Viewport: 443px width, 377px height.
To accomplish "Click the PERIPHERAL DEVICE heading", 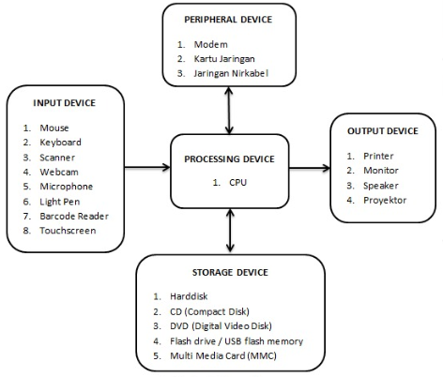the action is click(228, 20).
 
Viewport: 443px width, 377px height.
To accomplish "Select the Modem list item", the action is click(210, 44).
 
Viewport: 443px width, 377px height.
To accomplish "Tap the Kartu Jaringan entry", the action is click(224, 59).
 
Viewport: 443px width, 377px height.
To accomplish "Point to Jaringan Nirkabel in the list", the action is click(231, 73).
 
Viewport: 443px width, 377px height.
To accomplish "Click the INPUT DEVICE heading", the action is click(64, 103).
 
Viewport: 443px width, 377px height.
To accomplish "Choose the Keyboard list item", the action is click(60, 143).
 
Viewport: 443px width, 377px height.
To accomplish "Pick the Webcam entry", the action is click(59, 172).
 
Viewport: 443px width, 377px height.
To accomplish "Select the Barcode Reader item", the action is click(74, 216).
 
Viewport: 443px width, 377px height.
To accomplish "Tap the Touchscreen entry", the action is click(68, 231).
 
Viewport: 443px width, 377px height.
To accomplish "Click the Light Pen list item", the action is click(60, 202).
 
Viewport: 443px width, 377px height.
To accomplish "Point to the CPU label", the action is click(237, 182).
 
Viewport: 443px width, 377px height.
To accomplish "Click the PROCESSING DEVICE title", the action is click(229, 159).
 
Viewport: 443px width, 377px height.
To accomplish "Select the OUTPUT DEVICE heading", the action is click(383, 130).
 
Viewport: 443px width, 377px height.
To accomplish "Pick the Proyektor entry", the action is click(385, 201).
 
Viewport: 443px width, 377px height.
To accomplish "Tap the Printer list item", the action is click(378, 156).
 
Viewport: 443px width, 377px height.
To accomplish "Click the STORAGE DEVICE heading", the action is click(230, 272).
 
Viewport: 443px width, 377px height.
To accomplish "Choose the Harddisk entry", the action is click(189, 296).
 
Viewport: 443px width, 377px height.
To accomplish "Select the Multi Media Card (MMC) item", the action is click(223, 356).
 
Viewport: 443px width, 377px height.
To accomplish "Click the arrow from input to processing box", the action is click(147, 167).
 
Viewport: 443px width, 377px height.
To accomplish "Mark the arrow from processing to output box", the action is click(310, 168).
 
